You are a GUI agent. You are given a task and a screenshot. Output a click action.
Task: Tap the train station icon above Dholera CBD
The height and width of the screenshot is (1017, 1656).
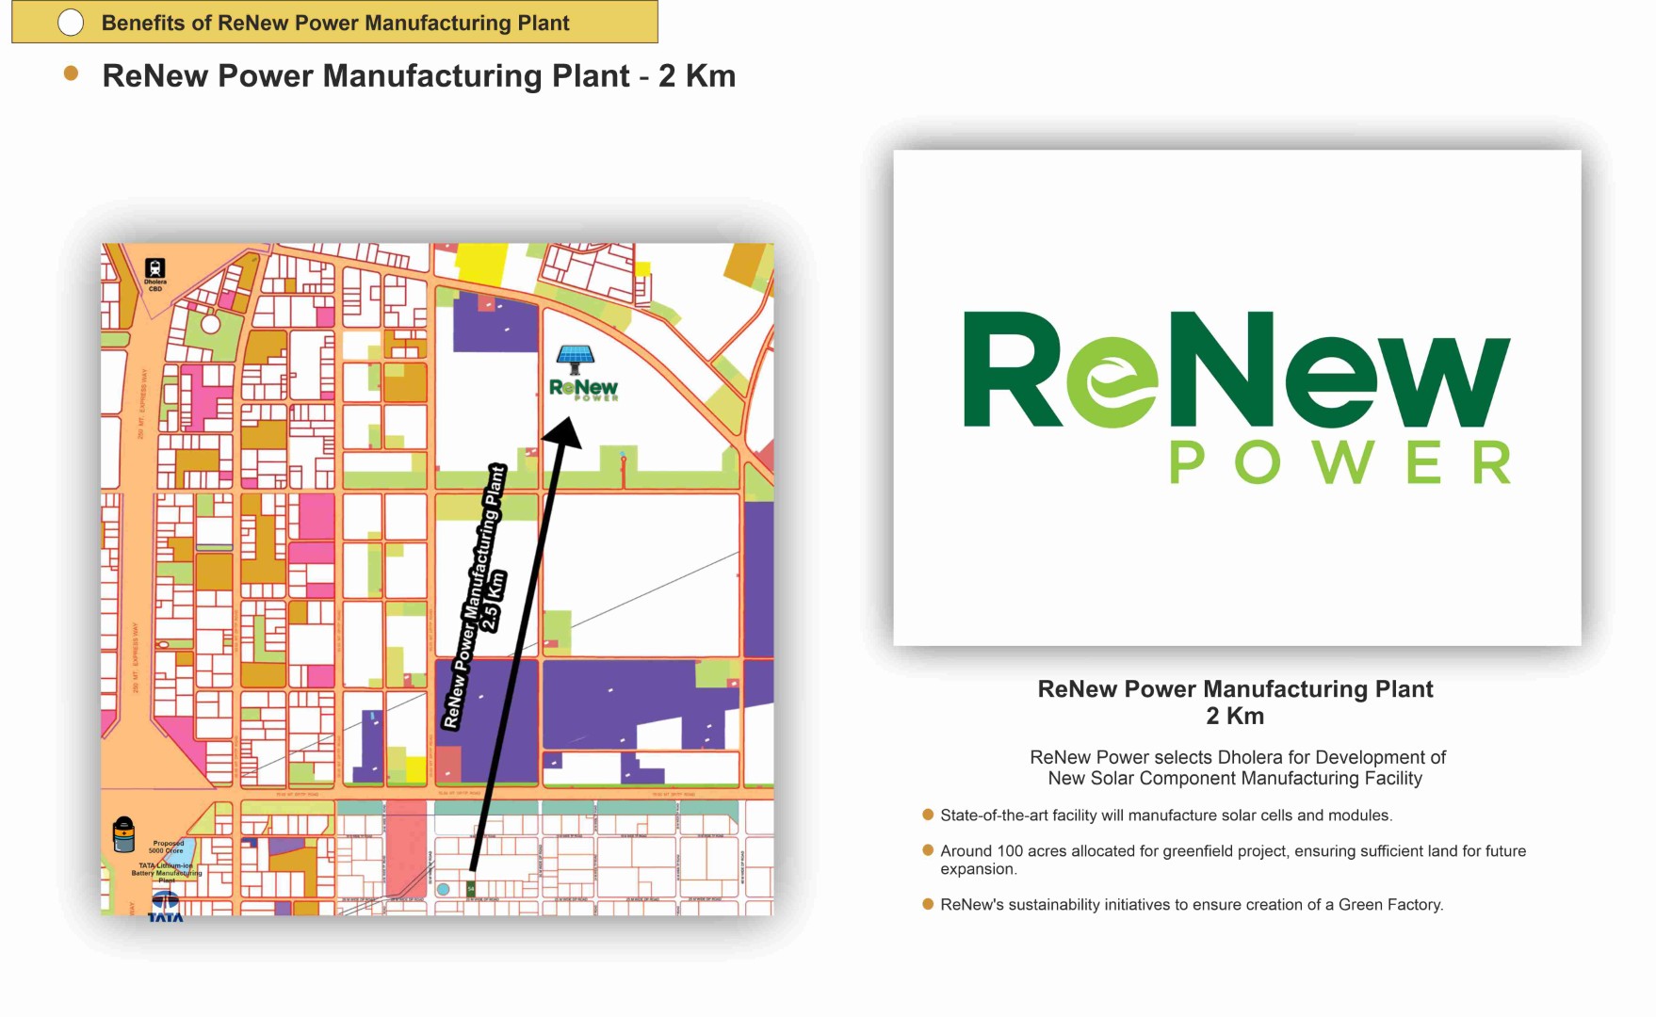tap(155, 268)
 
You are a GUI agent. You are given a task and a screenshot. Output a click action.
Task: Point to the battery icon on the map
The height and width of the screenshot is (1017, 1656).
tap(123, 834)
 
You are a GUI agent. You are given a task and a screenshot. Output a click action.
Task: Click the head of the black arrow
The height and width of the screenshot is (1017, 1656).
tap(565, 431)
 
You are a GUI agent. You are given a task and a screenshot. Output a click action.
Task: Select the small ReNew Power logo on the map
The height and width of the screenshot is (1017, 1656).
tap(583, 389)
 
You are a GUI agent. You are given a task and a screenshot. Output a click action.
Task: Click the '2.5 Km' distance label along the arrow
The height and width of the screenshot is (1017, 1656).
tap(493, 600)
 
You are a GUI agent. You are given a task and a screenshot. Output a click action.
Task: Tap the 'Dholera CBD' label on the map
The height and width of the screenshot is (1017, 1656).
tap(155, 285)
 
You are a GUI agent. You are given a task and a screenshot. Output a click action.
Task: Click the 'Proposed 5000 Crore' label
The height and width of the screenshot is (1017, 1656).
tap(167, 847)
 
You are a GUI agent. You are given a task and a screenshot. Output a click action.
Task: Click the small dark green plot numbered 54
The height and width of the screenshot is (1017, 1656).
tap(471, 889)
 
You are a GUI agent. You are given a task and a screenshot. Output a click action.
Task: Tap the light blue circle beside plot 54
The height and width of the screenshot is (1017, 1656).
tap(444, 889)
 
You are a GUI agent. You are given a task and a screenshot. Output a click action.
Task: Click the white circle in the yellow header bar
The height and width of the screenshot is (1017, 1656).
tap(71, 23)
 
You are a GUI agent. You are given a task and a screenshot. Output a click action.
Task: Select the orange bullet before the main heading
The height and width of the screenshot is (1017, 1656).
tap(71, 73)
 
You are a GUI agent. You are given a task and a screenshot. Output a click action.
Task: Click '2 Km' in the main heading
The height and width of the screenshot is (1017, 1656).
tap(696, 76)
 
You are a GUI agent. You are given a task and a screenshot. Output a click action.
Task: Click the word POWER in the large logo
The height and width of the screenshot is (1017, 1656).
tap(1340, 463)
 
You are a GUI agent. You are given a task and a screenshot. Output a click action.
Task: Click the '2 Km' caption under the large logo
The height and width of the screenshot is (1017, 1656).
tap(1235, 717)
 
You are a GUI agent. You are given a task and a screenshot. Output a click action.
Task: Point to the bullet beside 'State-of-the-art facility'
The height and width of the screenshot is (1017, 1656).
tap(928, 815)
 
